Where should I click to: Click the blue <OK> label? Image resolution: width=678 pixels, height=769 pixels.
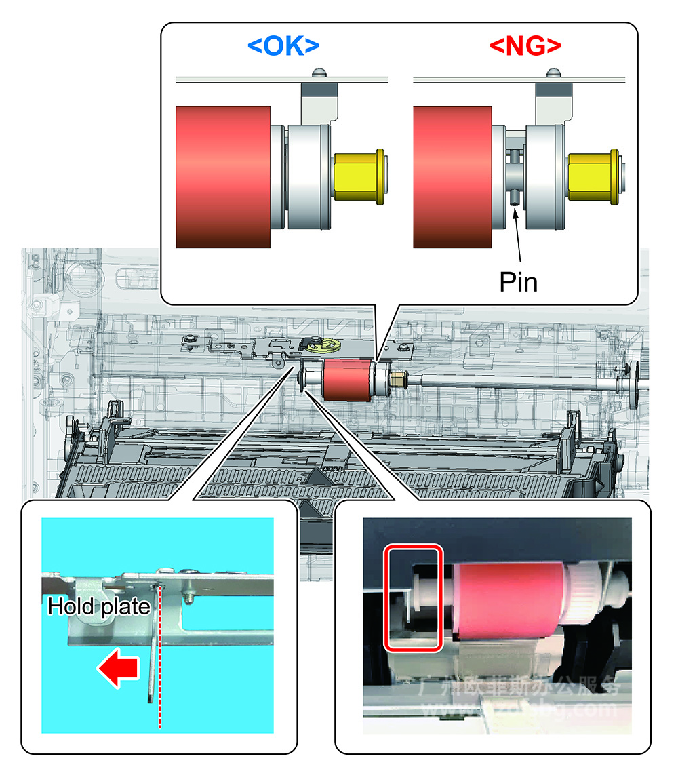click(283, 46)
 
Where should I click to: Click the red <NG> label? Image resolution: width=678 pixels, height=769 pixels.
click(525, 46)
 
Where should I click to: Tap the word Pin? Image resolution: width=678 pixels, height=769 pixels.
click(518, 281)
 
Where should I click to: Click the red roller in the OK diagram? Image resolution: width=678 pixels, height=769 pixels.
click(223, 176)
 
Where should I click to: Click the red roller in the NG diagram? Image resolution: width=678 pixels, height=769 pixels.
click(452, 176)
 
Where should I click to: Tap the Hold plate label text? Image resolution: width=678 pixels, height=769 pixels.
click(99, 607)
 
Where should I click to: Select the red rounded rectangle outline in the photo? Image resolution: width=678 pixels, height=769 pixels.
click(413, 596)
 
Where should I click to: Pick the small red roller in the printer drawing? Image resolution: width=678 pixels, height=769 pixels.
click(348, 380)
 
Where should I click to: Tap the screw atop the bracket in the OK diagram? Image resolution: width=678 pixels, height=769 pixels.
click(318, 72)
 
